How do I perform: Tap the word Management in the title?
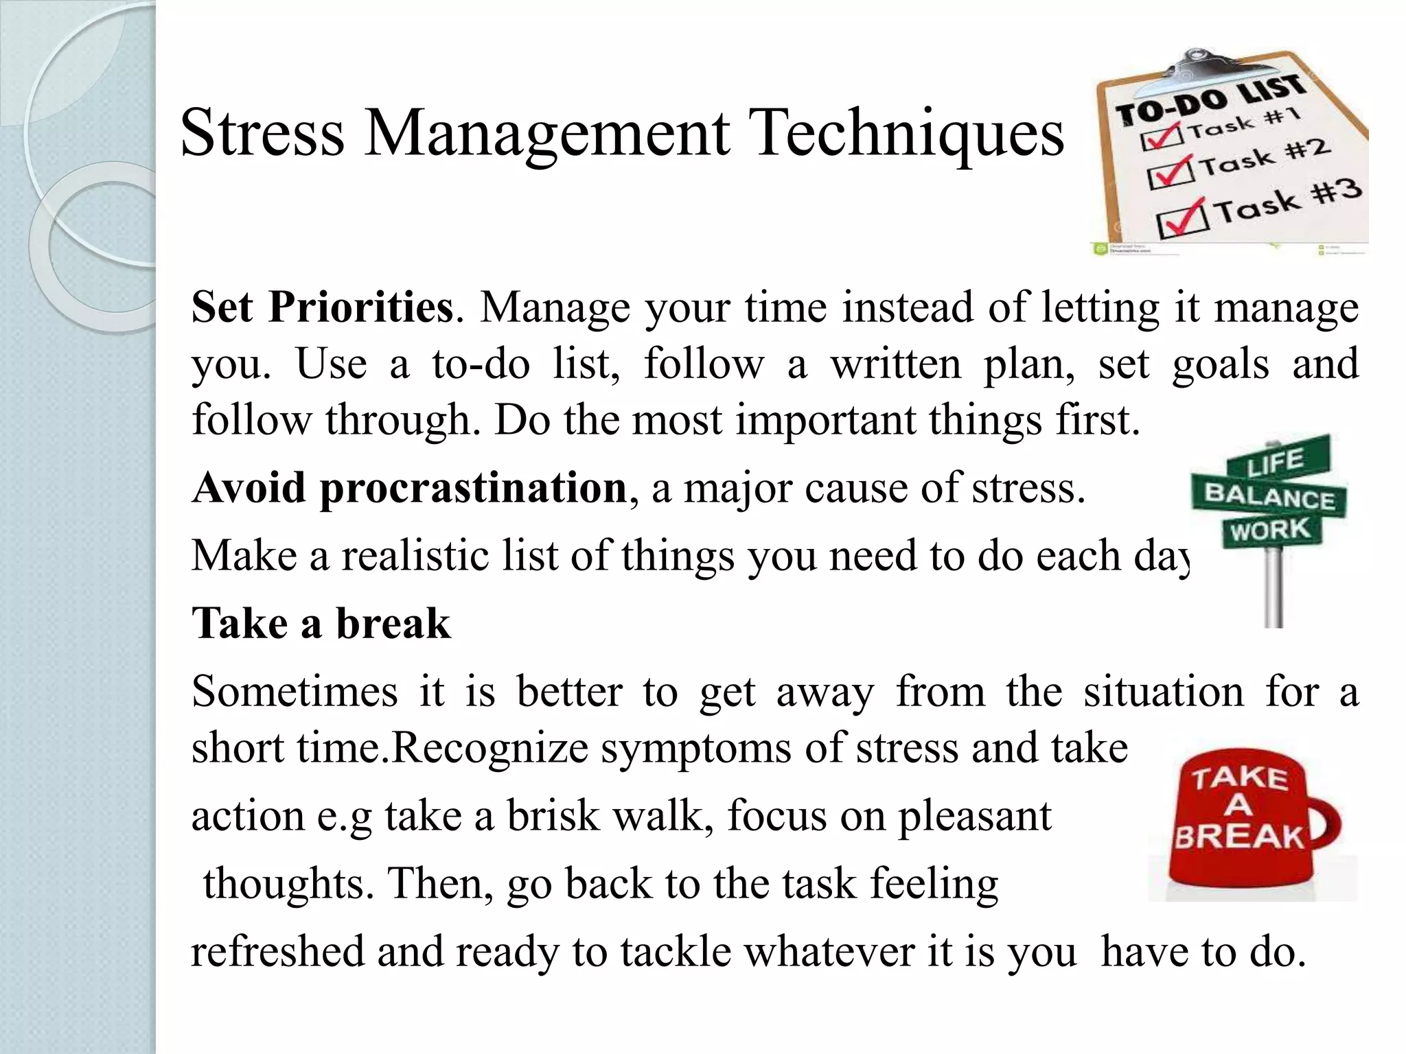pyautogui.click(x=546, y=134)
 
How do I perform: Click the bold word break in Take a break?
pyautogui.click(x=393, y=624)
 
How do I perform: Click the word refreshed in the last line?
pyautogui.click(x=277, y=952)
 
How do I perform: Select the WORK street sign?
pyautogui.click(x=1270, y=530)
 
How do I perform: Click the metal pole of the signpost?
pyautogui.click(x=1274, y=590)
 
